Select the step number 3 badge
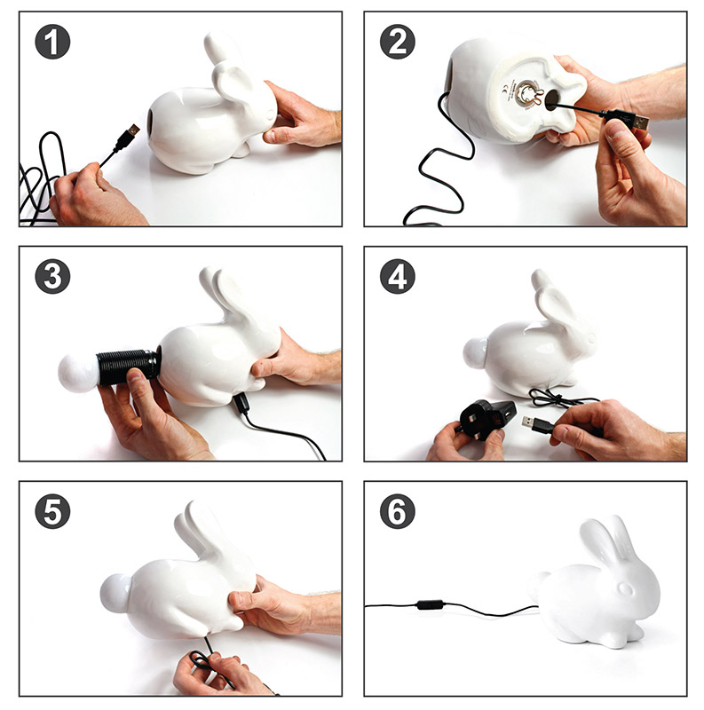[x=52, y=277]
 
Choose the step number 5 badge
[x=52, y=512]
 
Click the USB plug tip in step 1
[x=130, y=133]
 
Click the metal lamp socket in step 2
[x=530, y=94]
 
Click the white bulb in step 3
[x=77, y=371]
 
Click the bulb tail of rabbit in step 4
[x=476, y=353]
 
